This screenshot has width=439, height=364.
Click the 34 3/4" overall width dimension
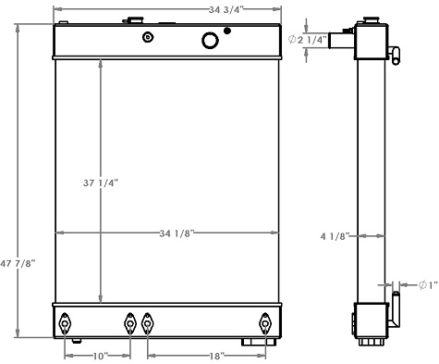[x=166, y=9]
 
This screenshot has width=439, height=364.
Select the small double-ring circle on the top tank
[x=147, y=37]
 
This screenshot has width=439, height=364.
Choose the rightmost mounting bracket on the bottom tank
[x=265, y=323]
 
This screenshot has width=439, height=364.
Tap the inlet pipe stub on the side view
[x=343, y=41]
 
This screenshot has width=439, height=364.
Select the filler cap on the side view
[x=371, y=19]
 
